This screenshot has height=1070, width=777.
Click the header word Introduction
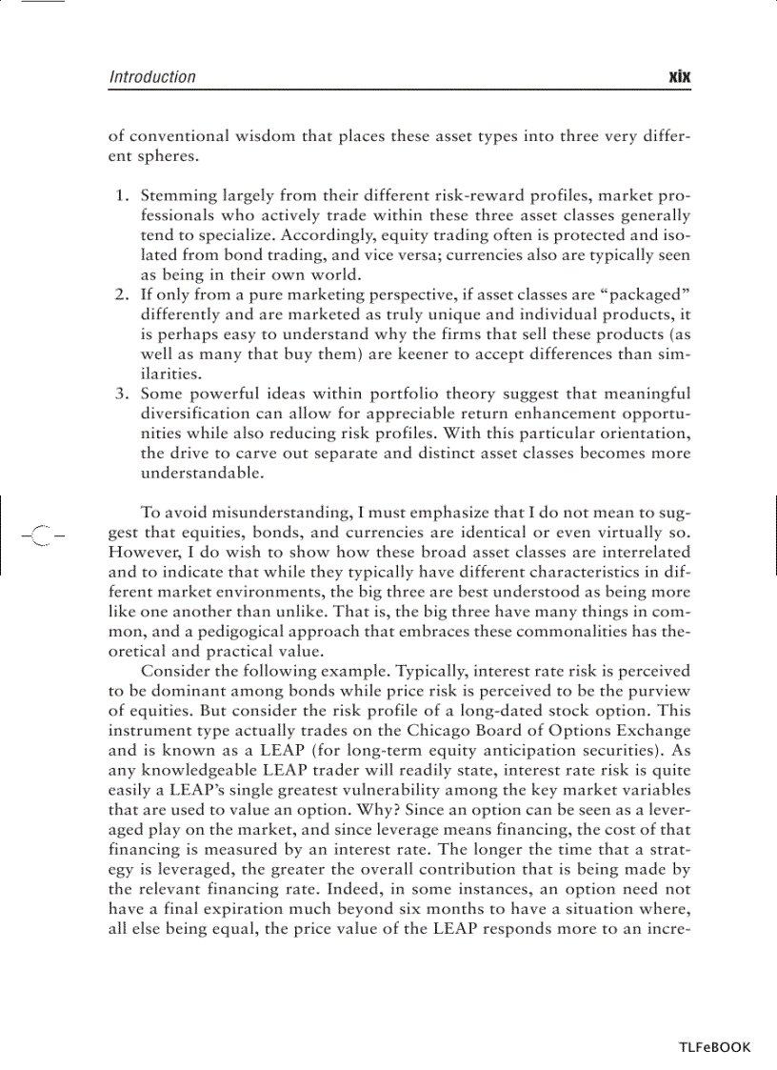point(152,77)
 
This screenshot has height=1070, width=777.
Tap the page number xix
point(679,77)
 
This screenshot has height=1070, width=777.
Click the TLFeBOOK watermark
point(714,1047)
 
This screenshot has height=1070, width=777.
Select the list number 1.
point(122,196)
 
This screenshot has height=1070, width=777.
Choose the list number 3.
point(122,394)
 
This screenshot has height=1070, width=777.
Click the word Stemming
point(174,196)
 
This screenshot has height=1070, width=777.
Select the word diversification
point(191,414)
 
